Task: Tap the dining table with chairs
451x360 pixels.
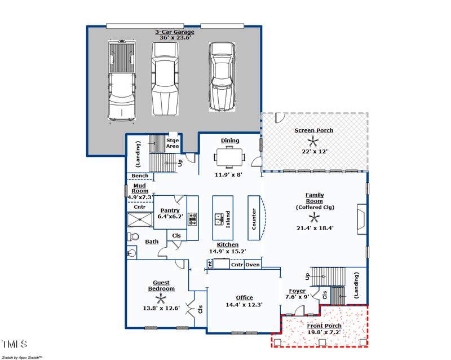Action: click(229, 157)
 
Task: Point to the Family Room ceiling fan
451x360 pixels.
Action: click(313, 217)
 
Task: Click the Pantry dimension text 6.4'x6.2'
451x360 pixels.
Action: click(170, 217)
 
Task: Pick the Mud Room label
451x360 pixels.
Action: click(140, 188)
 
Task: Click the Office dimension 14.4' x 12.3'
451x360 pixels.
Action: click(244, 305)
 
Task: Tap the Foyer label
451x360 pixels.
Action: click(297, 291)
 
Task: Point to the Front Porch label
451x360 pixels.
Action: click(324, 326)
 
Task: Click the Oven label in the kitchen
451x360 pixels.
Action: click(253, 265)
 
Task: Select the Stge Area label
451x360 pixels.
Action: click(173, 143)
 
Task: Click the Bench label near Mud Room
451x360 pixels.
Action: click(140, 176)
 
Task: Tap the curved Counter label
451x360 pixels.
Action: click(254, 218)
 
